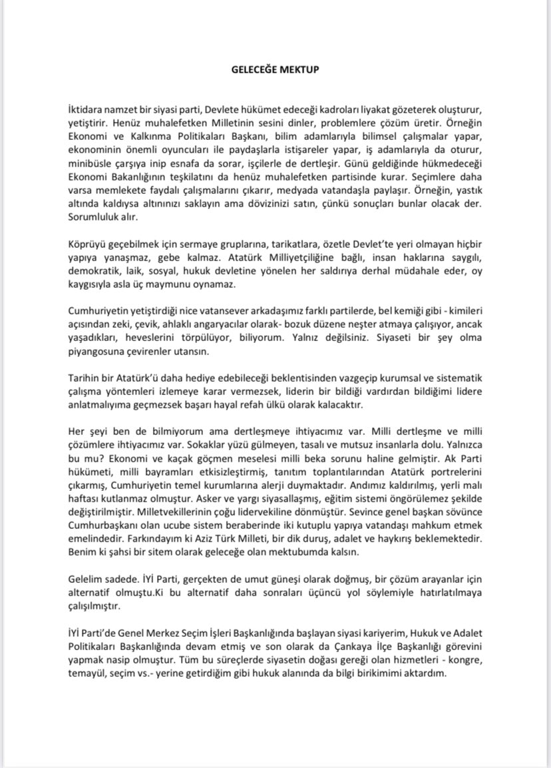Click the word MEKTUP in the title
301,68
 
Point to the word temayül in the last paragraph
89,673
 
